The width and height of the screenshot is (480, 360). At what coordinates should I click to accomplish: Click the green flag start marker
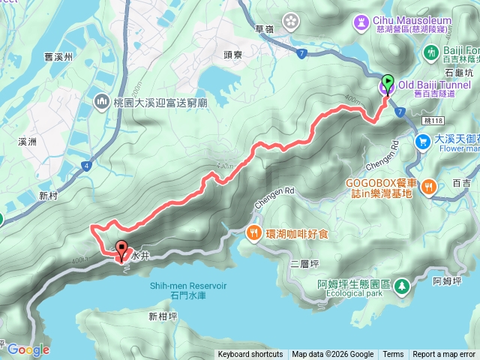388,82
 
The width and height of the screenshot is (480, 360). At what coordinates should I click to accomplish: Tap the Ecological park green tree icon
403,286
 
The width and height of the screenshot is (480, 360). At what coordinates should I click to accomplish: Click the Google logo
28,349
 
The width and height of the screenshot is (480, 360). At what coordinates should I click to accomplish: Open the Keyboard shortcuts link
250,355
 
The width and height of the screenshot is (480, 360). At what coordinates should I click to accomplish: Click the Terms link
393,355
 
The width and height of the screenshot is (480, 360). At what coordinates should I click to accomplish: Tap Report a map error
444,355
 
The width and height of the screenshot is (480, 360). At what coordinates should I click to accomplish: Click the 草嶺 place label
263,29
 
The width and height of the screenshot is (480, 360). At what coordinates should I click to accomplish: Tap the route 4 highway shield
88,165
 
